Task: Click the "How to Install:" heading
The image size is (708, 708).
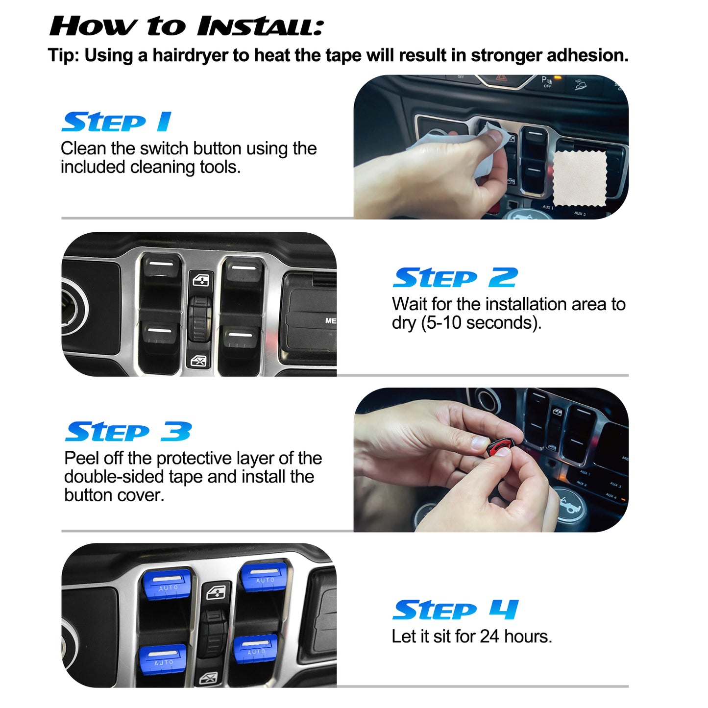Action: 186,26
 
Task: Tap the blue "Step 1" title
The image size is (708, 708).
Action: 117,122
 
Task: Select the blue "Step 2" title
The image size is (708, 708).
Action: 455,278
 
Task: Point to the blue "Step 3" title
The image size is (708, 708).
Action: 128,432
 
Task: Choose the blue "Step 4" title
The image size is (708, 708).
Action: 455,610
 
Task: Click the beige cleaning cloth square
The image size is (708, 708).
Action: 580,178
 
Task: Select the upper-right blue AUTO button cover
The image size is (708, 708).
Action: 264,577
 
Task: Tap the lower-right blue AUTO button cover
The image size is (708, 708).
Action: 255,649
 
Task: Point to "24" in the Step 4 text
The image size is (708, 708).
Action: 489,636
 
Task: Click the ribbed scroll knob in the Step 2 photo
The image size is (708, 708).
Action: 199,318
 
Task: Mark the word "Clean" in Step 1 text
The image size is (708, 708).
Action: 83,148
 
